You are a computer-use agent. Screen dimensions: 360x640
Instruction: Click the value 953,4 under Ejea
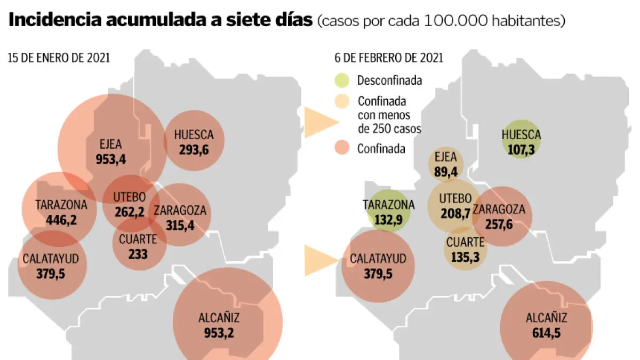click(x=111, y=158)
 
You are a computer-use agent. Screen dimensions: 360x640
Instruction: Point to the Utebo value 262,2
click(x=130, y=212)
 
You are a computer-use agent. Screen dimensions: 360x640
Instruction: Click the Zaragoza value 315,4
click(x=180, y=226)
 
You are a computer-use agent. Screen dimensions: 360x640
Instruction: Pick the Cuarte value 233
click(x=138, y=254)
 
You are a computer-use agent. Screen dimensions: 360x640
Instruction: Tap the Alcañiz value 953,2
click(x=219, y=333)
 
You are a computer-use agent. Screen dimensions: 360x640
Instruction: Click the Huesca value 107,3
click(x=521, y=149)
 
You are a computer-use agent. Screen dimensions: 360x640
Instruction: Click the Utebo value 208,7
click(x=455, y=213)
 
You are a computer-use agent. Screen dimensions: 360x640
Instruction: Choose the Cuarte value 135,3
click(x=465, y=257)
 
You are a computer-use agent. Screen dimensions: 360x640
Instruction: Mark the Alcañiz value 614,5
click(x=546, y=333)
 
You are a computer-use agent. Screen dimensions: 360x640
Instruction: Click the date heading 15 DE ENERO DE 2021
click(x=59, y=58)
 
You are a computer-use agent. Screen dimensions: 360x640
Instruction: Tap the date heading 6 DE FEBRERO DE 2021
click(x=389, y=58)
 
